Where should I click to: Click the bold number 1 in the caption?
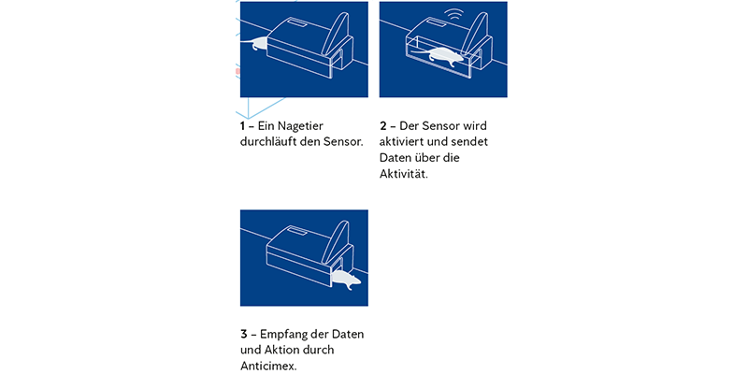[x=243, y=125]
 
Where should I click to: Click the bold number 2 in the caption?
[x=382, y=125]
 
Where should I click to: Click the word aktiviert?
[x=405, y=141]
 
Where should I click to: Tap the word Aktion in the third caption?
[x=281, y=351]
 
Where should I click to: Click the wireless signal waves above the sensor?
[x=453, y=16]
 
